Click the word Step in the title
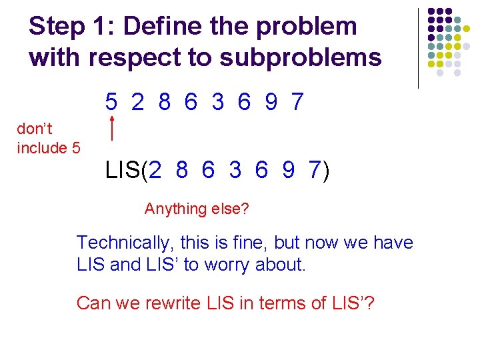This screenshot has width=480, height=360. [57, 27]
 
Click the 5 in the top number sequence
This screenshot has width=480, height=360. [111, 102]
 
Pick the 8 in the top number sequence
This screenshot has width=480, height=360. [165, 102]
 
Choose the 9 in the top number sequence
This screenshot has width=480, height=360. [271, 102]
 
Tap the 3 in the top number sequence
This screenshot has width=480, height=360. [218, 102]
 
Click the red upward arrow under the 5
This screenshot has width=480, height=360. [113, 127]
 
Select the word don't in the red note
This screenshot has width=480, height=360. [35, 129]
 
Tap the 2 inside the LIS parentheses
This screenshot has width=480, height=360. [155, 171]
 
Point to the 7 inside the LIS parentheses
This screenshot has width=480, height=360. [314, 171]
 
